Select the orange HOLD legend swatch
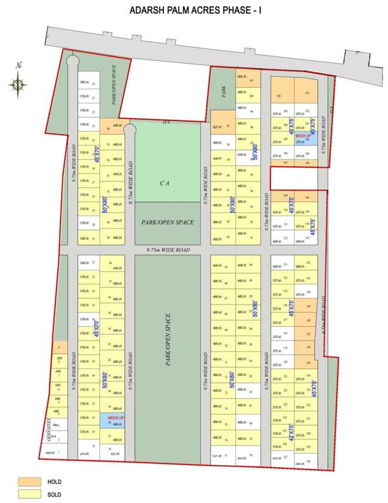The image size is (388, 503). click(27, 481)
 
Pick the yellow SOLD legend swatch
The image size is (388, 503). click(27, 493)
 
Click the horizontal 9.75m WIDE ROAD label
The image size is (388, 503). click(168, 250)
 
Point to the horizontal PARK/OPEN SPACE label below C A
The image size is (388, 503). click(168, 223)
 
